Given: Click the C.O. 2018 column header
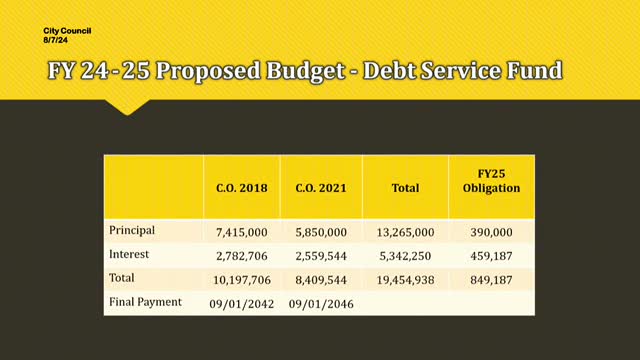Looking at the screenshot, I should pos(242,187).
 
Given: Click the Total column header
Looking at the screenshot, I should pos(404,187).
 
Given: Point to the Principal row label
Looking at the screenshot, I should pos(132,231).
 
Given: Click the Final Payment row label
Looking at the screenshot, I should pos(145,302).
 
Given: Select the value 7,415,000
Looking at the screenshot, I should pos(242,232).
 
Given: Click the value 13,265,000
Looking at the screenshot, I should pos(404,232).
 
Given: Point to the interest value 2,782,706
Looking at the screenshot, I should pos(242,256).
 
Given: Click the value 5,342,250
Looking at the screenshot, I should pos(404,256).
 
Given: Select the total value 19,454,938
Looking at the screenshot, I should pos(404,280).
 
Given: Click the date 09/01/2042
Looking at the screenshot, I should pos(242,303).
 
